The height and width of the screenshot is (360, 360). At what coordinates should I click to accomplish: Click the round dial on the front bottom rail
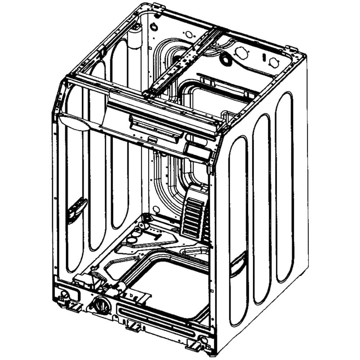(x=100, y=308)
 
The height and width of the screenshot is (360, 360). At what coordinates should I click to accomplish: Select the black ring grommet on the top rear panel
(x=226, y=59)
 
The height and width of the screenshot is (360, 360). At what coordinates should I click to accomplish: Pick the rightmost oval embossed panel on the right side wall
(x=284, y=187)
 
